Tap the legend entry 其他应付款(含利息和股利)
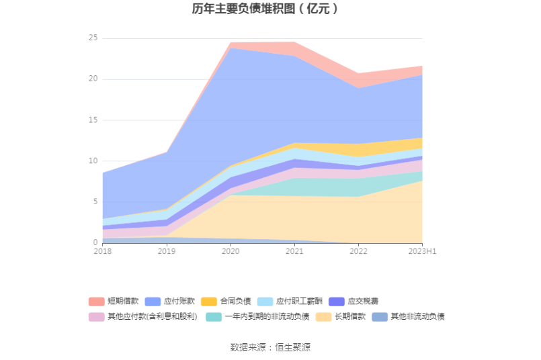[x=150, y=317]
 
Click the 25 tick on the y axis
[x=93, y=38]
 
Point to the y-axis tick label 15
[x=93, y=120]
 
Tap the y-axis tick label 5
[x=95, y=202]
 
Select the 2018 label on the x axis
[x=103, y=251]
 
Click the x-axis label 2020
[x=231, y=251]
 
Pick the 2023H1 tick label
[x=422, y=251]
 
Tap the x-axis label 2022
[x=358, y=251]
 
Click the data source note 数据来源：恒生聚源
[x=270, y=347]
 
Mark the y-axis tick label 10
[x=93, y=161]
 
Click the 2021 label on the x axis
[x=294, y=251]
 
